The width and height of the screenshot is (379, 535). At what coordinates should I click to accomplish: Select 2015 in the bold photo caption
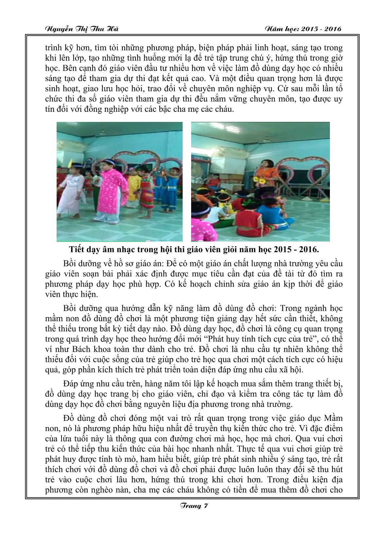[x=279, y=250]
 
